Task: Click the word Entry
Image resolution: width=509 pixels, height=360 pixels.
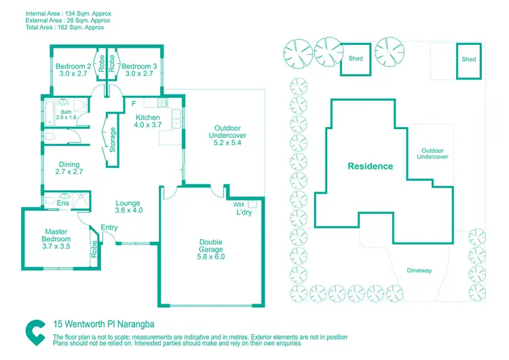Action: tap(109, 228)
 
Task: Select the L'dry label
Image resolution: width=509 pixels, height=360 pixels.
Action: tap(244, 213)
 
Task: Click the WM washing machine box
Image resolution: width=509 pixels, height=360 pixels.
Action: tap(238, 204)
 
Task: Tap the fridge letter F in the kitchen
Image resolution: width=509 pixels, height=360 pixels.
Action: tap(134, 104)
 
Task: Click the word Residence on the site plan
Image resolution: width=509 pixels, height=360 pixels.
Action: tap(370, 166)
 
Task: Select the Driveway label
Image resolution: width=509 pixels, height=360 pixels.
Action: tap(419, 270)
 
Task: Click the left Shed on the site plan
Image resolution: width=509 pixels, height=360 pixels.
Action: tap(356, 58)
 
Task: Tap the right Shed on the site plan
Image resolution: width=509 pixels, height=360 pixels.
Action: tap(469, 59)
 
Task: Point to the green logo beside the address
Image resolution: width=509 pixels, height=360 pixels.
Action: tap(36, 332)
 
